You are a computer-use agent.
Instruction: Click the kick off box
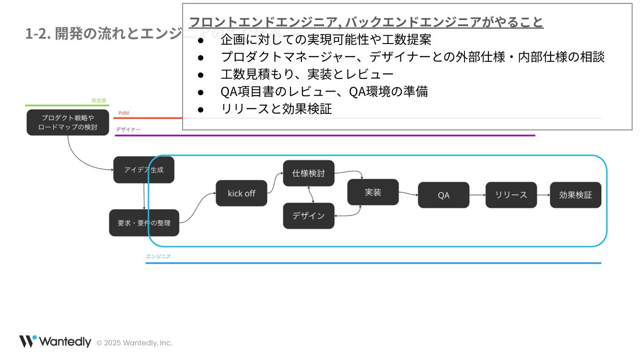click(x=241, y=193)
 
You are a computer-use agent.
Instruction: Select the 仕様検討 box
click(x=308, y=173)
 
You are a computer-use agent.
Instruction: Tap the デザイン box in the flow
click(x=308, y=216)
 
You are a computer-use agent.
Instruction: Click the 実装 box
click(x=373, y=192)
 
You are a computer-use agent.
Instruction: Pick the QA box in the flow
click(x=444, y=195)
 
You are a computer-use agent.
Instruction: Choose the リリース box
click(x=511, y=195)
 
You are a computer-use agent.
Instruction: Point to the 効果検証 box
click(x=576, y=195)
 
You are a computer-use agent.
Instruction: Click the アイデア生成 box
click(x=144, y=170)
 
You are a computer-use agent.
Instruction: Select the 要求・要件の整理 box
click(x=144, y=223)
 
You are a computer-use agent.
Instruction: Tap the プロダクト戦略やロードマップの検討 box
click(x=68, y=122)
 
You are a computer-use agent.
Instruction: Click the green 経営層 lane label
click(x=99, y=101)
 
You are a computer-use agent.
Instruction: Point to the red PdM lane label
click(x=124, y=113)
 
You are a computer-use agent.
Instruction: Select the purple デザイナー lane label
click(x=128, y=129)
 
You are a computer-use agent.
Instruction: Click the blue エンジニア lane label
click(x=158, y=256)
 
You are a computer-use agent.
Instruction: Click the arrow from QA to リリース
click(x=477, y=195)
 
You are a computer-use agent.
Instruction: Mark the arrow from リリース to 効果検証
click(x=544, y=195)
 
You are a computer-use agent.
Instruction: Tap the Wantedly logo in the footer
click(x=55, y=342)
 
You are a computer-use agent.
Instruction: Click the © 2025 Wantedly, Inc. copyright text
click(x=134, y=343)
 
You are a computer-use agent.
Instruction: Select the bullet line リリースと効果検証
click(x=276, y=109)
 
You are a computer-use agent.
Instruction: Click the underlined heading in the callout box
click(x=366, y=22)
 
